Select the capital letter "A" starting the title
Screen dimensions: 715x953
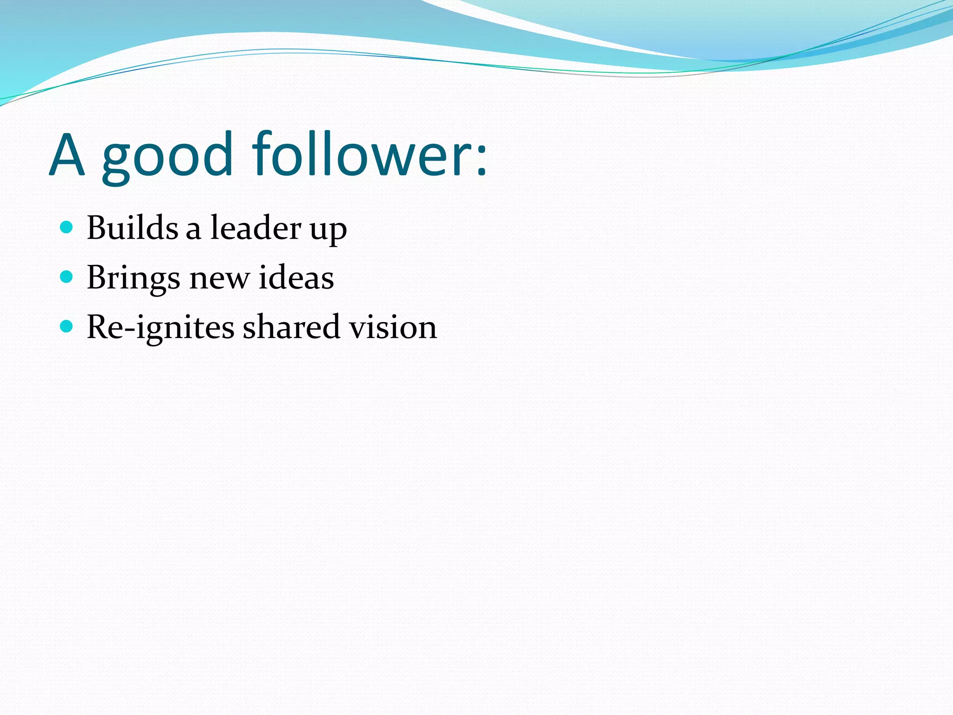click(67, 155)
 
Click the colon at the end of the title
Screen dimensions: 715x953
click(481, 161)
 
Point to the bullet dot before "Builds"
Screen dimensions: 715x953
click(67, 227)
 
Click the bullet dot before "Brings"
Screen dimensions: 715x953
click(67, 277)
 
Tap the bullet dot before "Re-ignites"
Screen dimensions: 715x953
click(67, 326)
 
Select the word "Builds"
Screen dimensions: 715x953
click(133, 228)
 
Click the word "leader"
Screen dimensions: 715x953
click(256, 228)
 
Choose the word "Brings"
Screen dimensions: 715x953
click(133, 278)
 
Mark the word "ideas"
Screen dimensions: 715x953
click(296, 277)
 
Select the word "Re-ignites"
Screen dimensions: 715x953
click(161, 327)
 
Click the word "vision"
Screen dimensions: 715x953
click(393, 327)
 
